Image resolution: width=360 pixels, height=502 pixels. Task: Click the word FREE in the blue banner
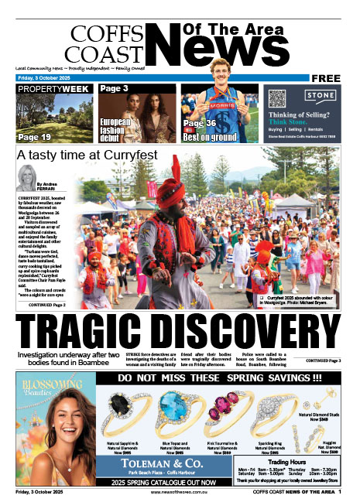point(327,78)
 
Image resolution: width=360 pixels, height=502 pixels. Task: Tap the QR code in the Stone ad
point(278,98)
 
